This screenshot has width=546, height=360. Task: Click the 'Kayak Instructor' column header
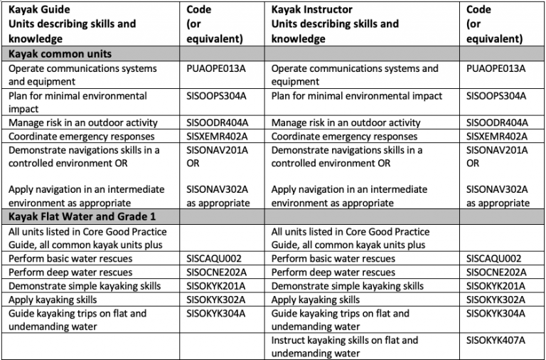tap(311, 9)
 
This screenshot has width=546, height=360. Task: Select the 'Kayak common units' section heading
tap(60, 53)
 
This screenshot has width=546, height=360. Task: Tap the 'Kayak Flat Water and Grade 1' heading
tap(82, 217)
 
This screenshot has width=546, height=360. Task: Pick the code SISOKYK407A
tap(496, 340)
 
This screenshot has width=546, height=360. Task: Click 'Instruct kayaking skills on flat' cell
tap(344, 346)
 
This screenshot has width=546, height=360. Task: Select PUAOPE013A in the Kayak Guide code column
tap(216, 68)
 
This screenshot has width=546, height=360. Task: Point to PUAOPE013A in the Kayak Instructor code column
tap(496, 68)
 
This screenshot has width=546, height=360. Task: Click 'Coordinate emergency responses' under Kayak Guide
tap(82, 137)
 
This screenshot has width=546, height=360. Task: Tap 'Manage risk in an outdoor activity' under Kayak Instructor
tap(346, 122)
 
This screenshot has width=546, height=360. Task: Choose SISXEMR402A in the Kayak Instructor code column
tap(496, 137)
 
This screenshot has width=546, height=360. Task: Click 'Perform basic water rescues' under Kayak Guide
tap(70, 258)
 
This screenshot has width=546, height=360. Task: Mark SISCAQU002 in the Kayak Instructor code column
tap(494, 258)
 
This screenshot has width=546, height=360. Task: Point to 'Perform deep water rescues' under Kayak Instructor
tap(333, 272)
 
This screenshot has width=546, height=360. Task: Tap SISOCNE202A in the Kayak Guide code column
tap(217, 272)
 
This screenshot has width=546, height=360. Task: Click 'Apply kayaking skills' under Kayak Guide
tap(53, 300)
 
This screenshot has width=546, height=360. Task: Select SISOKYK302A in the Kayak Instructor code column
tap(496, 300)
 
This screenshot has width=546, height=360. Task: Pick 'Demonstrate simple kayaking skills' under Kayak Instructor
tap(348, 286)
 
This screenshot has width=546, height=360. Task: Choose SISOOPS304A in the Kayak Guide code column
tap(216, 96)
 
